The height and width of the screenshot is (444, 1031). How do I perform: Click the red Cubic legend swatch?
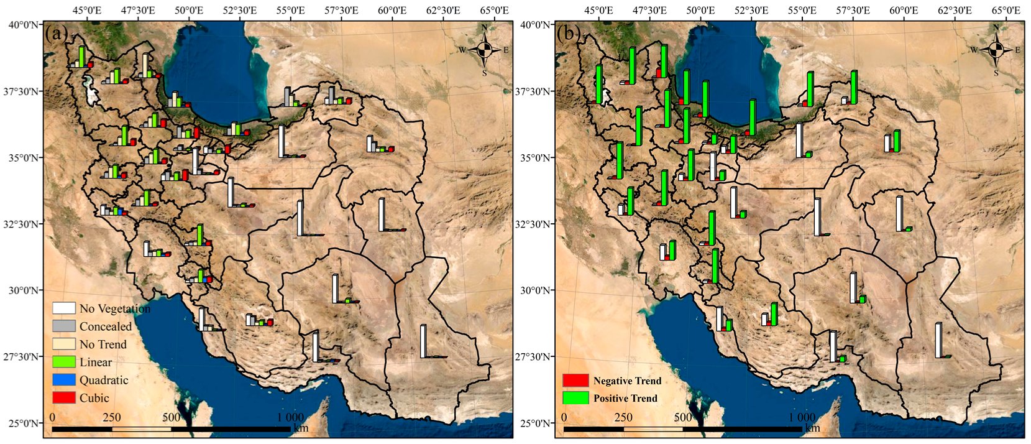point(64,398)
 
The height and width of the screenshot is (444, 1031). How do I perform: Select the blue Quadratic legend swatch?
point(64,380)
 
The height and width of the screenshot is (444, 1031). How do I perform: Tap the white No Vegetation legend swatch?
point(64,308)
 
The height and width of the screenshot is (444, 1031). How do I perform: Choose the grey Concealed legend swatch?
point(64,326)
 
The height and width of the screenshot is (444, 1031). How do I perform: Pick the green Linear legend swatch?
point(64,362)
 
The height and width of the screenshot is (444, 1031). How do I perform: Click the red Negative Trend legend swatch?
point(575,381)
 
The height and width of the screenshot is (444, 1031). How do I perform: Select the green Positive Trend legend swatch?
point(575,398)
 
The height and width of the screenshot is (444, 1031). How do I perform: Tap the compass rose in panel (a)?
point(485,50)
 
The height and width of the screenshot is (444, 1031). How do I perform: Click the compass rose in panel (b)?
point(996,50)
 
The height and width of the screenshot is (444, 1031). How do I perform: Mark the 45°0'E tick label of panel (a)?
point(87,11)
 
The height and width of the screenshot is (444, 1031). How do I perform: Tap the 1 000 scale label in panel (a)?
point(290,417)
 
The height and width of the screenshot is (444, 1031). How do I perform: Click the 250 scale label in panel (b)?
point(623,417)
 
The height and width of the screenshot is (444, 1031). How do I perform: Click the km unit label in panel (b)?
point(812,428)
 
